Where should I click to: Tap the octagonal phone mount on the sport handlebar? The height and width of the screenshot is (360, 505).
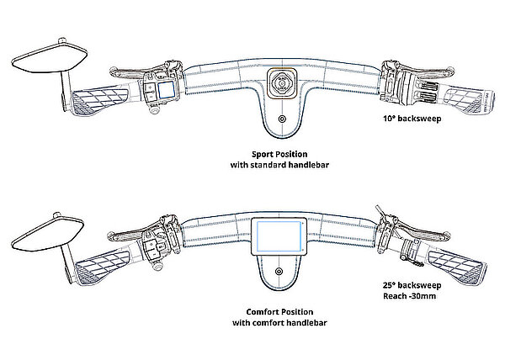tap(280, 84)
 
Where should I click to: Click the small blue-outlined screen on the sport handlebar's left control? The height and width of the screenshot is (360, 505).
tap(166, 88)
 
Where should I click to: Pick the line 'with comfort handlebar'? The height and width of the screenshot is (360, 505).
tap(278, 322)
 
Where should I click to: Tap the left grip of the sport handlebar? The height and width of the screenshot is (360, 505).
tap(97, 103)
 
